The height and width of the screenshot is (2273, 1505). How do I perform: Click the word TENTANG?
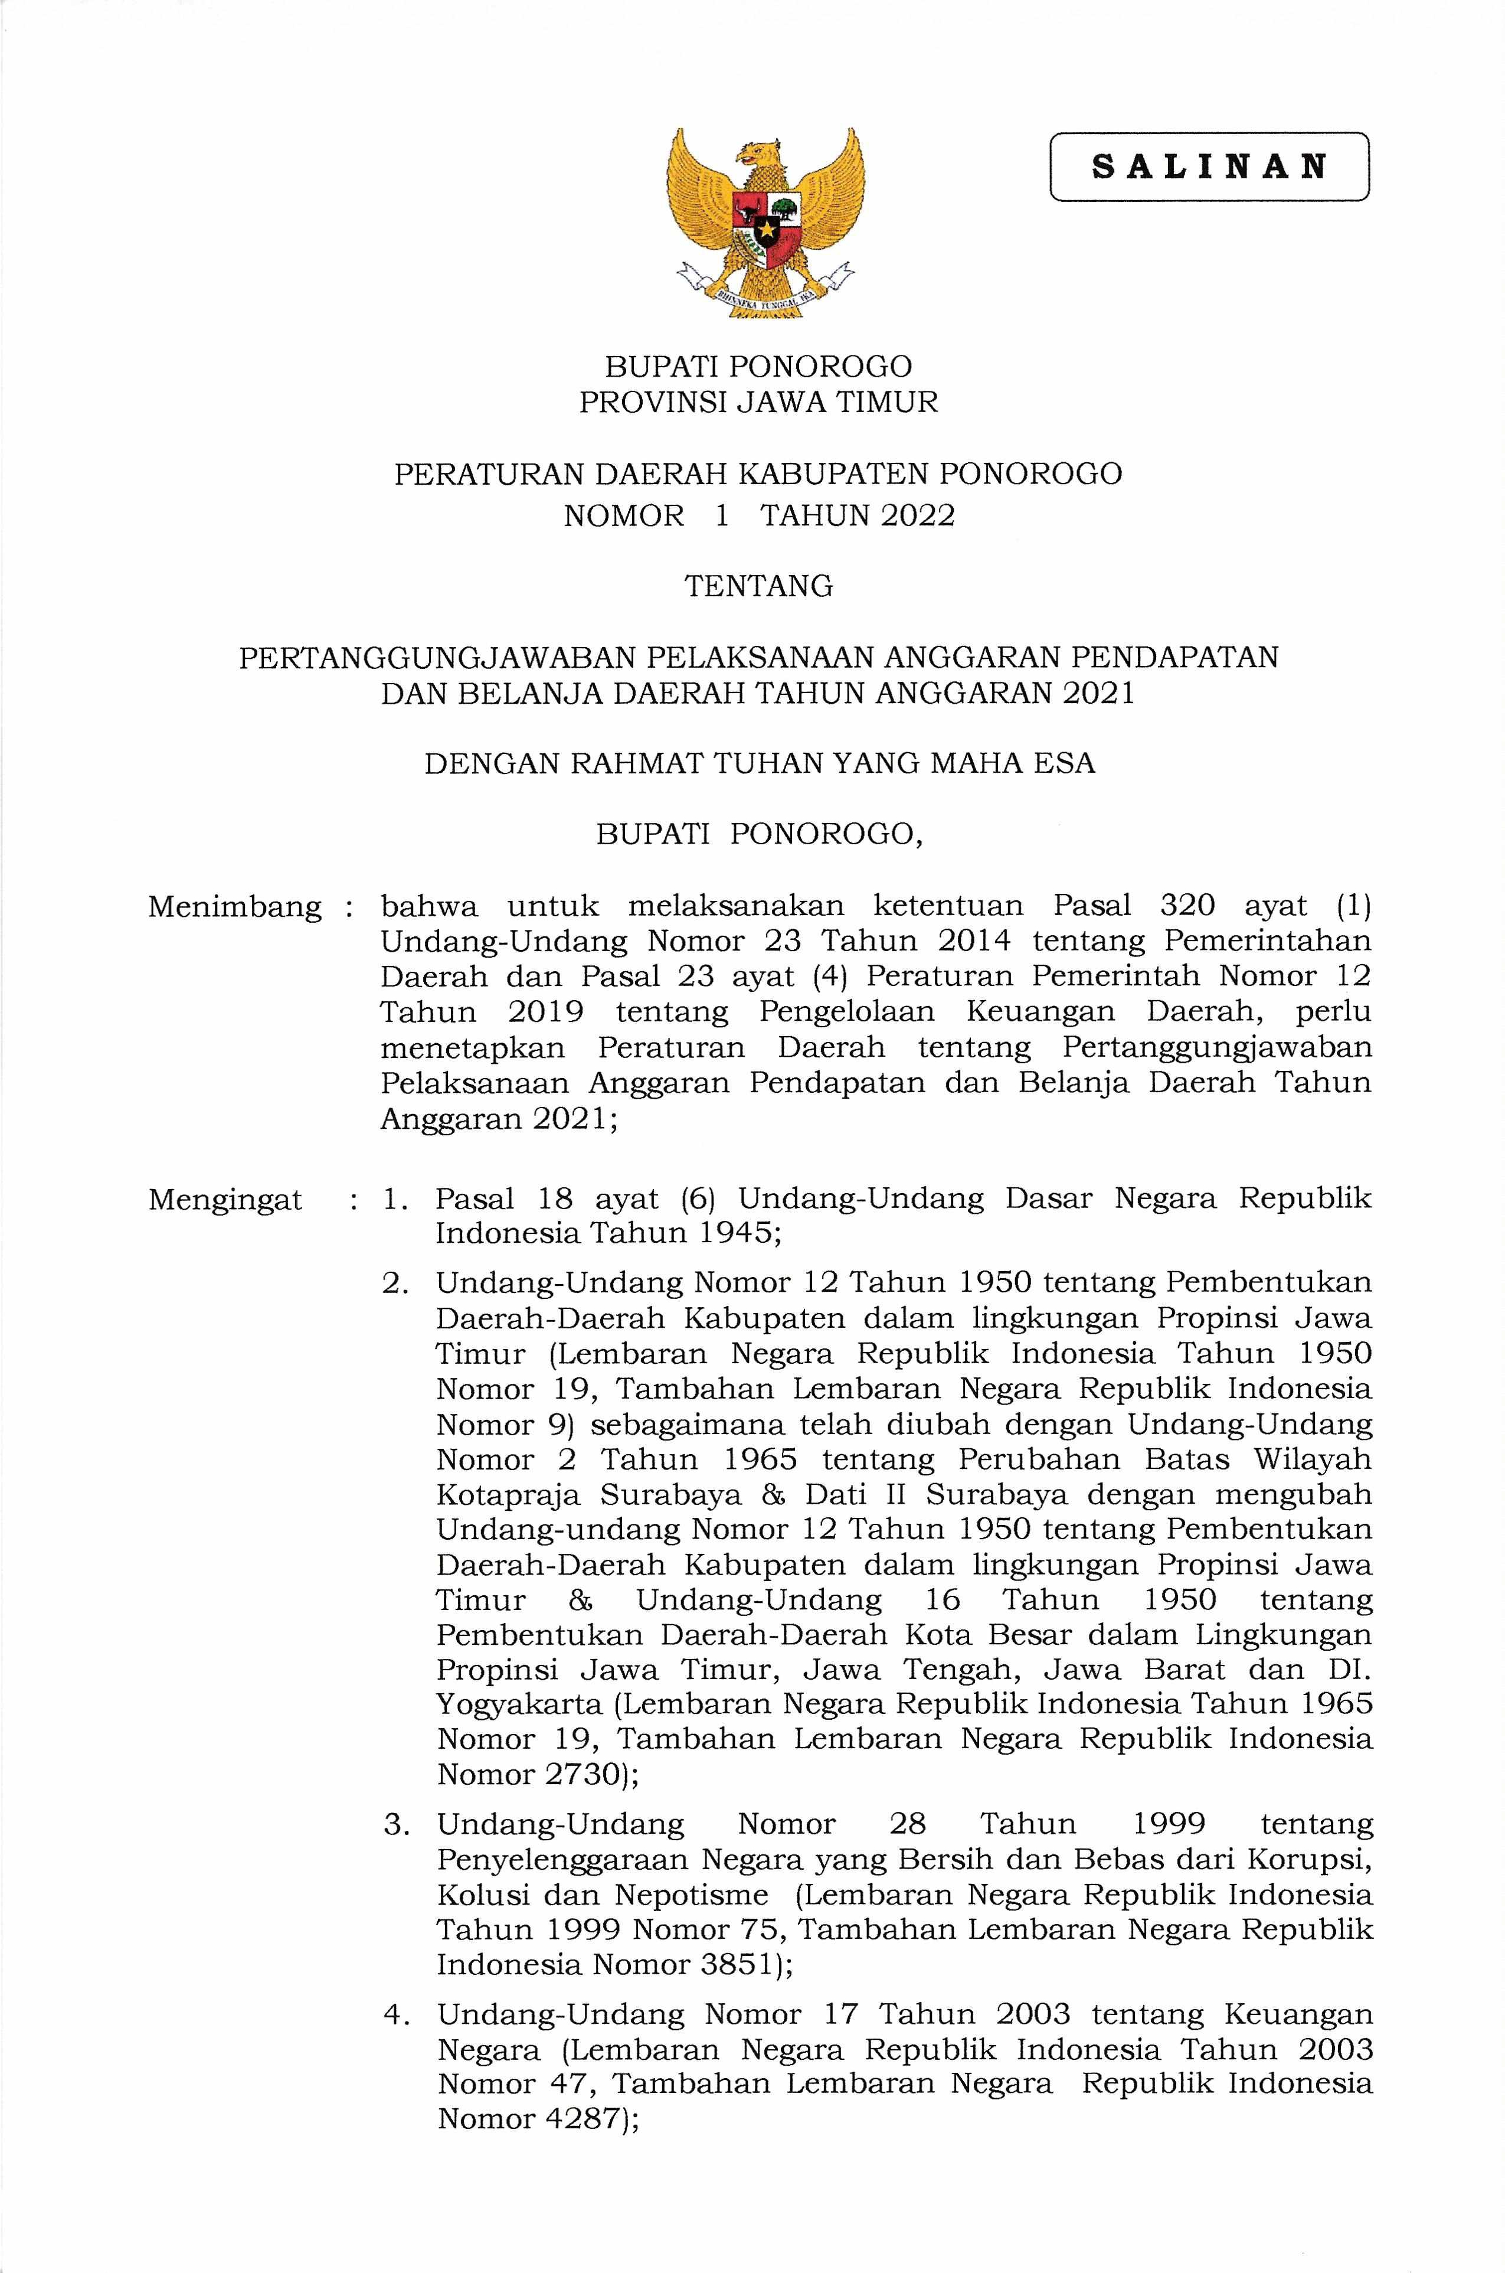tap(758, 586)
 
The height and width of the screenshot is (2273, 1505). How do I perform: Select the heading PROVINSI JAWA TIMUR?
tap(758, 402)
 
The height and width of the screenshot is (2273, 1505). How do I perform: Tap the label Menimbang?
tap(234, 907)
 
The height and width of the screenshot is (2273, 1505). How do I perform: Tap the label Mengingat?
tap(225, 1200)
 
